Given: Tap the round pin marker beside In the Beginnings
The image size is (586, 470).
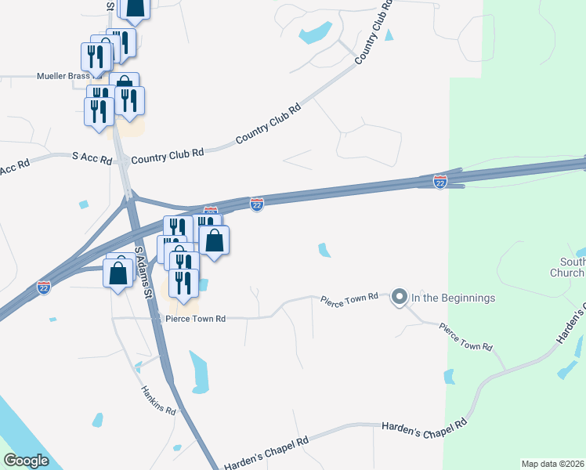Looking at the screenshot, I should coord(400,297).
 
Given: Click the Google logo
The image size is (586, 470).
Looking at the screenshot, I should coord(26,461).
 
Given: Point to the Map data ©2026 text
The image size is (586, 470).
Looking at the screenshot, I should coord(553,464).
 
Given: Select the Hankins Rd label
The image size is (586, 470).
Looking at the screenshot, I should coord(159,399).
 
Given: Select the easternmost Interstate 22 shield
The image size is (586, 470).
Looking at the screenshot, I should coord(440,182).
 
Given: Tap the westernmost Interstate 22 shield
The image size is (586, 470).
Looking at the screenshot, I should coord(44,288).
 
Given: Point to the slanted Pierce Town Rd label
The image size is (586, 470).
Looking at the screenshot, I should coord(465,335).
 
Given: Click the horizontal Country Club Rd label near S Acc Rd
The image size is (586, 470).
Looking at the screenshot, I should coord(167,155).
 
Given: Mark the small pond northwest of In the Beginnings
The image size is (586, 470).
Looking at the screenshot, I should coord(324,250).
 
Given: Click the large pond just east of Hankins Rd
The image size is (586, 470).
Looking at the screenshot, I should coord(199,372).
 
